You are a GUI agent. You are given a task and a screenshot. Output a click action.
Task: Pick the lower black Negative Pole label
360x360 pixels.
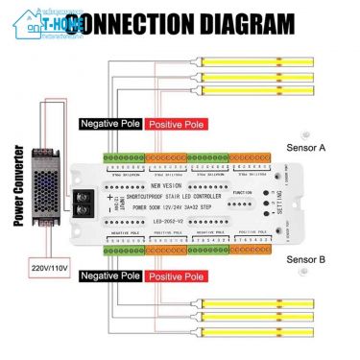[110, 276]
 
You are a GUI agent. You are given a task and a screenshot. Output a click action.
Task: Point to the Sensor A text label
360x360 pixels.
[306, 148]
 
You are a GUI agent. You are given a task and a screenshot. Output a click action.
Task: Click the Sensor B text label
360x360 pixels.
[306, 258]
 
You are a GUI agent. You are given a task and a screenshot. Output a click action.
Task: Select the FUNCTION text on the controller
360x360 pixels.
[242, 192]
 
